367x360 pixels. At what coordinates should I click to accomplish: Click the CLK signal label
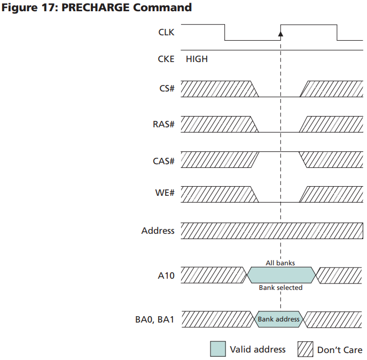pos(166,32)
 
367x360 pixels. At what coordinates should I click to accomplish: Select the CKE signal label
pos(166,59)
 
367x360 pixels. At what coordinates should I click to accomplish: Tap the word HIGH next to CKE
pos(197,59)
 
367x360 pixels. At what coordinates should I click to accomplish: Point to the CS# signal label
pos(167,88)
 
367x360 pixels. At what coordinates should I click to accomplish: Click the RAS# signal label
pos(163,125)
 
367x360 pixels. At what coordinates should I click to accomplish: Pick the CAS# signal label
pos(163,160)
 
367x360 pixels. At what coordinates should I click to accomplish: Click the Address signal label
pos(158,231)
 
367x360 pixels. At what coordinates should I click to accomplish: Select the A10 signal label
pos(166,276)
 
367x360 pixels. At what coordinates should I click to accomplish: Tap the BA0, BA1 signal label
pos(154,319)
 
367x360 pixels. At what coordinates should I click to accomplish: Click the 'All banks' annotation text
pos(280,263)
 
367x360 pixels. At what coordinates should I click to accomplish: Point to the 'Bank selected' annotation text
pos(280,288)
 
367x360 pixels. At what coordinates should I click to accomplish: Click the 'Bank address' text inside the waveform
pos(279,319)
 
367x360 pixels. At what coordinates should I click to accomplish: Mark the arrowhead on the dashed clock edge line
pos(280,34)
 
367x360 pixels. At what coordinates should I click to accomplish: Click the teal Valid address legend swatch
pos(218,349)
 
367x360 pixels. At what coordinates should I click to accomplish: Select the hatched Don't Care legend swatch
pos(305,349)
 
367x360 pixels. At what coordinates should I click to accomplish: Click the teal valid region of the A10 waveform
pos(280,275)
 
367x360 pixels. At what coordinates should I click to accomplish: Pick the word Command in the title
pos(166,8)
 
